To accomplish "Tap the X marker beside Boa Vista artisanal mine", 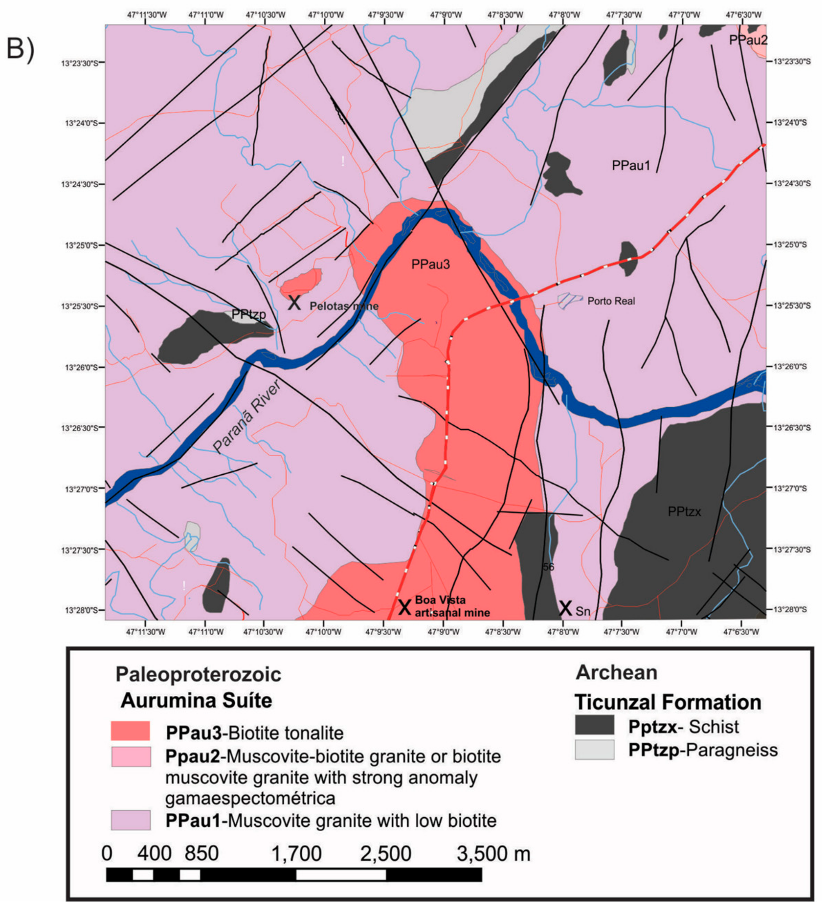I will pos(404,607).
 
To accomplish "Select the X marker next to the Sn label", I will pos(565,608).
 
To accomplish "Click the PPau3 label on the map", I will pos(431,265).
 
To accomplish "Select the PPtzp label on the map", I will pos(248,314).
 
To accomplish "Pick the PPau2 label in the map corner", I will pos(748,40).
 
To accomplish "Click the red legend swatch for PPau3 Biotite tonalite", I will pos(131,731).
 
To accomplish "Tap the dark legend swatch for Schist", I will pos(594,725).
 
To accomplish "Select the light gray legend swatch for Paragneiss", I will pos(594,750).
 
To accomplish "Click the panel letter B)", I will pos(20,49).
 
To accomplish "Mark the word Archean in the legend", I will pos(616,673).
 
